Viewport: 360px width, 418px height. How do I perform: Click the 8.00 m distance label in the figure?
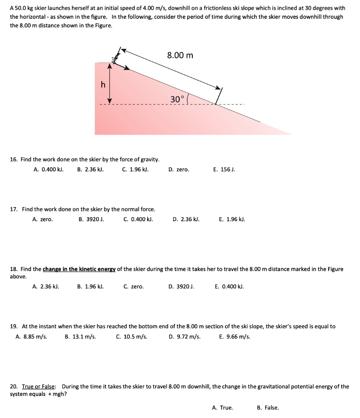180,55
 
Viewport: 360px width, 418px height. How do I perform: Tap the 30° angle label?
178,99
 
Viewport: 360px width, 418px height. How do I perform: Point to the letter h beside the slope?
103,84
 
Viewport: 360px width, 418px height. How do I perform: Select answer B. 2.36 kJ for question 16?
90,169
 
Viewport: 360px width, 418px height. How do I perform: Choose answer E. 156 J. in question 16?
224,169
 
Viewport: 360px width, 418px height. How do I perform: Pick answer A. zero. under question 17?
42,219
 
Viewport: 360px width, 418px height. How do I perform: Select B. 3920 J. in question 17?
91,219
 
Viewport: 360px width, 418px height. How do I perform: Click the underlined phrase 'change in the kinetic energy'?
80,269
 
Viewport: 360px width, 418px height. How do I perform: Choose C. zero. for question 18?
134,287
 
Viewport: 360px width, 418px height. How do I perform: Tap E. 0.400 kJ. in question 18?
229,287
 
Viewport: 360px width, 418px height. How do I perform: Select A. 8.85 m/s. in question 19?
31,337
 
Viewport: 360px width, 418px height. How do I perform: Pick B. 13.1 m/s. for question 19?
80,337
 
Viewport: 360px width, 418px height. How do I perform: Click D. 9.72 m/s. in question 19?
184,337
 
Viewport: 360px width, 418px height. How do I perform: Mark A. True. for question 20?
223,407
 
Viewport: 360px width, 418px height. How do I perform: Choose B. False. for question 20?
268,407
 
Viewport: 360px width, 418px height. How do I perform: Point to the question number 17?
13,209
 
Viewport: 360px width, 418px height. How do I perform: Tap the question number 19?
13,327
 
